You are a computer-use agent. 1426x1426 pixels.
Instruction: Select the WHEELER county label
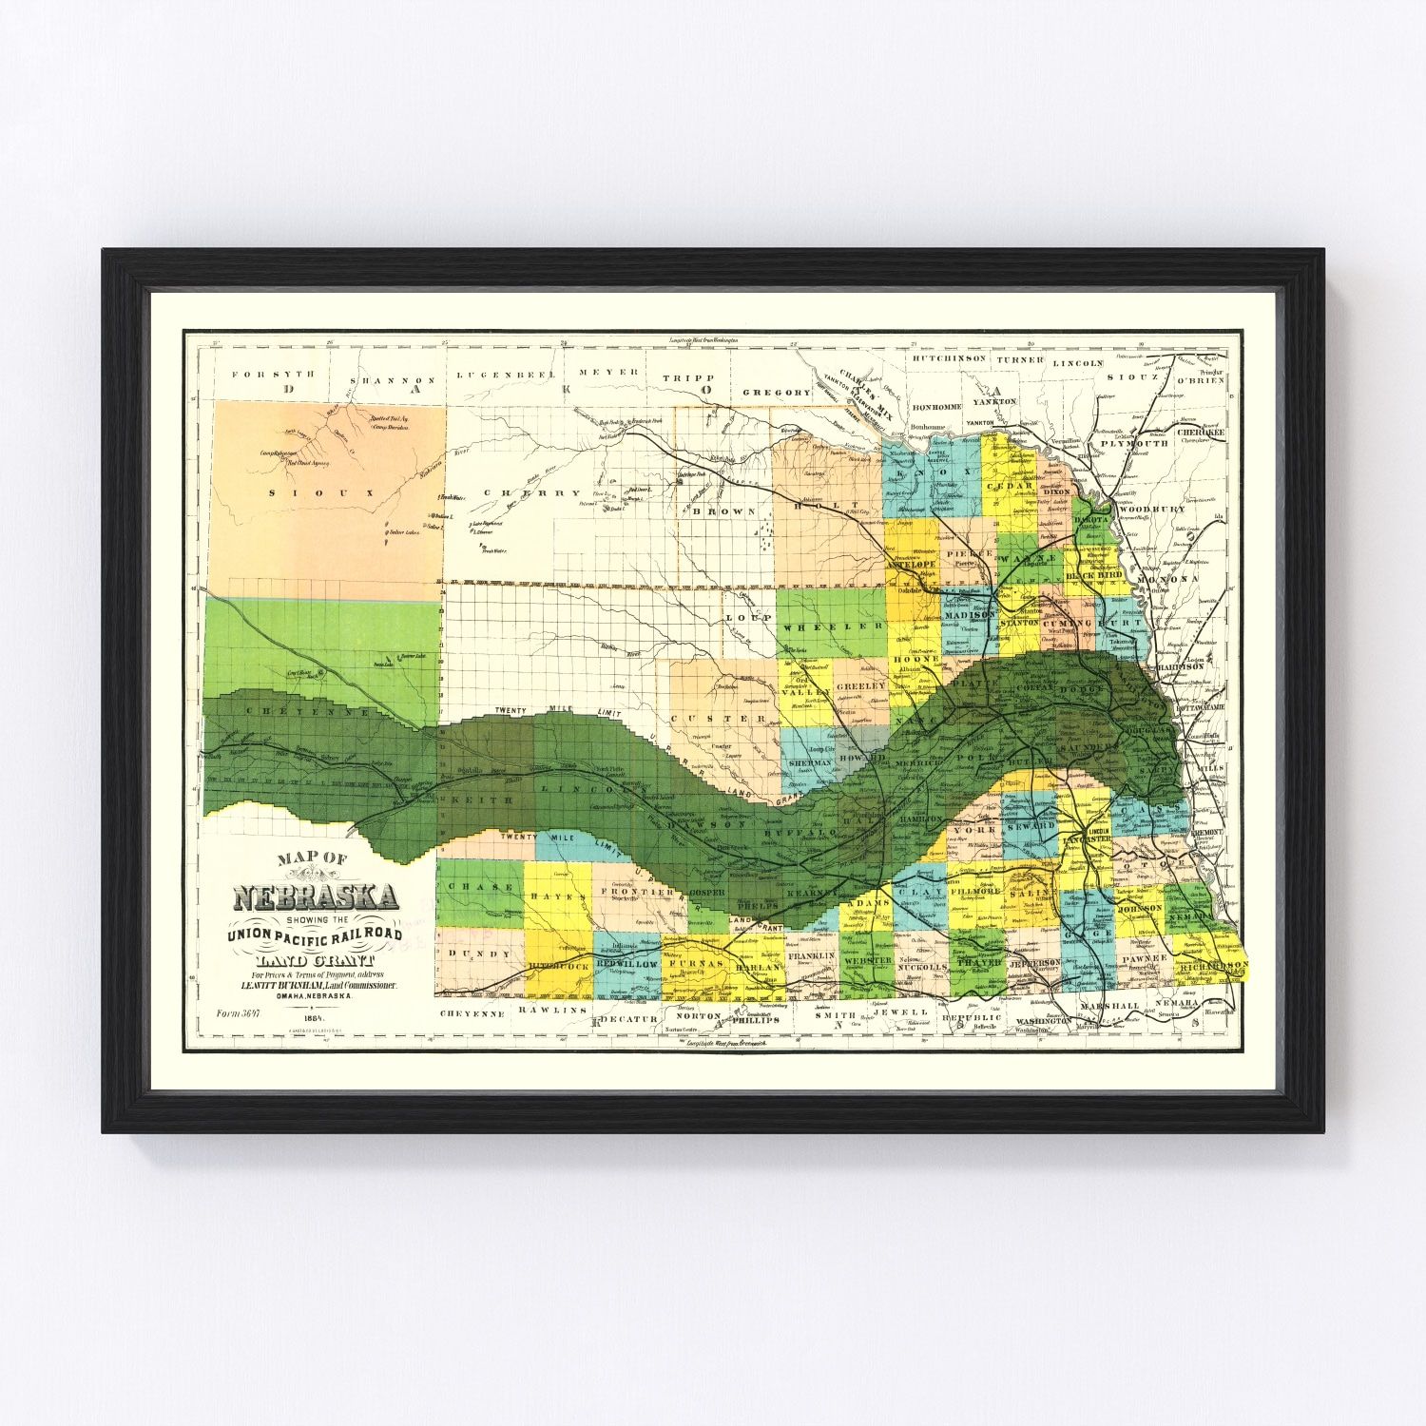pos(834,626)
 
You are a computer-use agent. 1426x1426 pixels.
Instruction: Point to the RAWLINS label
pos(558,1012)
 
